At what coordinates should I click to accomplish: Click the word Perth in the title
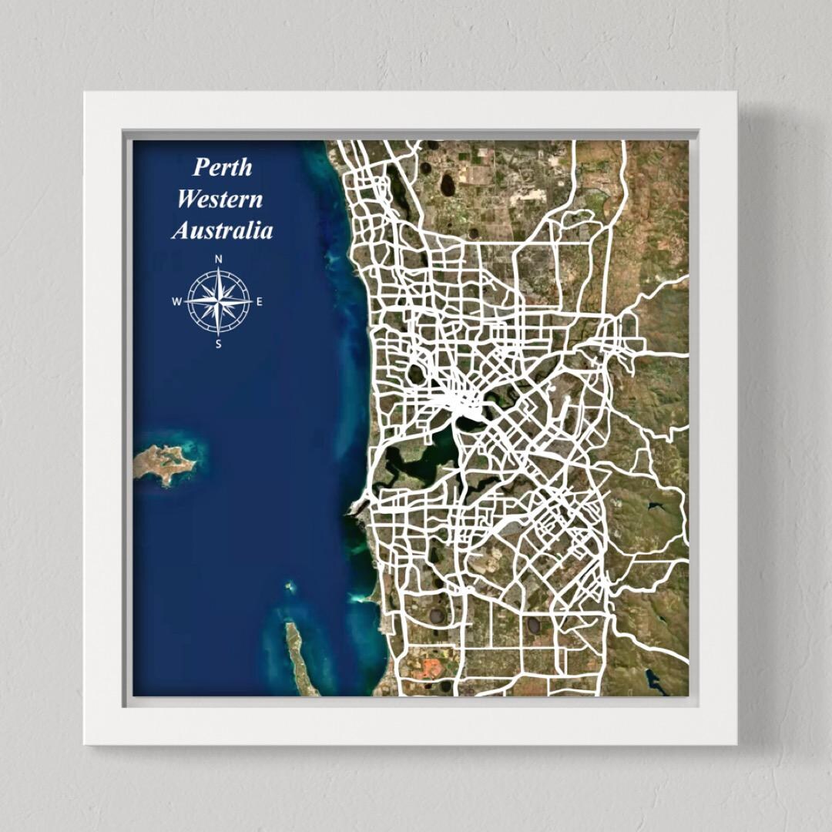[x=223, y=166]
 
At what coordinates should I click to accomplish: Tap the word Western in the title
[x=220, y=199]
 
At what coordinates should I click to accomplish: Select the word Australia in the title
[x=222, y=230]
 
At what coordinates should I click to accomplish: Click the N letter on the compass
[x=219, y=260]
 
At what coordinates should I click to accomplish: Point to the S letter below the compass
[x=218, y=344]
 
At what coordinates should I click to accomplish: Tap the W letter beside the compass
[x=176, y=302]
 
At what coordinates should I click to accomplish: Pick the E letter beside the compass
[x=259, y=302]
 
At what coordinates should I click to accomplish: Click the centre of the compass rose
[x=219, y=301]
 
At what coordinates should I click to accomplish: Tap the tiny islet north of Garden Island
[x=290, y=587]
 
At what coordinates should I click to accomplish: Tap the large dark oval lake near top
[x=447, y=184]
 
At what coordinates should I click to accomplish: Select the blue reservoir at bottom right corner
[x=654, y=680]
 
